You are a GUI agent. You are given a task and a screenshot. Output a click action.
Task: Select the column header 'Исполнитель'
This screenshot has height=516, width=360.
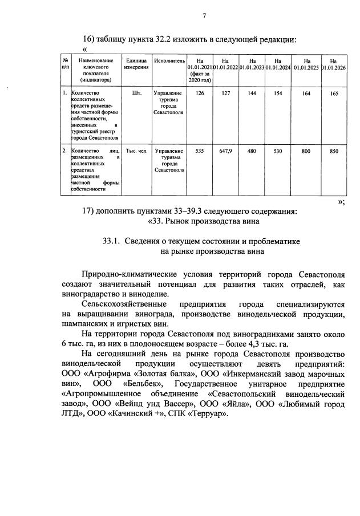pos(169,60)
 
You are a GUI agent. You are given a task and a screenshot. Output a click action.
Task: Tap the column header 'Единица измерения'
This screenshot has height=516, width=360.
pos(137,63)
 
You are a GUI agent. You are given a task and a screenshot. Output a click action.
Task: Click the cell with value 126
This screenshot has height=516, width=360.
pos(200,92)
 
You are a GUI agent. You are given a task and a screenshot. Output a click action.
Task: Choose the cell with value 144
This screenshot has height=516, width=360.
pos(251,92)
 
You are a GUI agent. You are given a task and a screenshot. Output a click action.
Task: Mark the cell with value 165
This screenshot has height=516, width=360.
pos(333,92)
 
